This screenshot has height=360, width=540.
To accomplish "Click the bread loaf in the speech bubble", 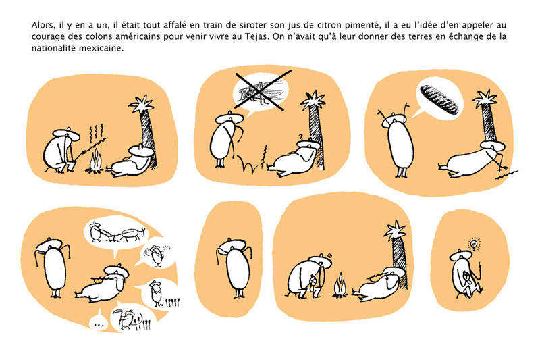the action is [439, 99].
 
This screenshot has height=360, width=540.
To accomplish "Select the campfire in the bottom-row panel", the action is [340, 286].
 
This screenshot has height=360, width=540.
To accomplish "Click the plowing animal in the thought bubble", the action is [129, 234].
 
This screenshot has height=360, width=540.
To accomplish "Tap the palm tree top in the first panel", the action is [141, 104].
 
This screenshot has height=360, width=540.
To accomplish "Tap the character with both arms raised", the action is [396, 140].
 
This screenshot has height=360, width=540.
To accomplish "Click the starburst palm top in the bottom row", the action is [395, 230].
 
